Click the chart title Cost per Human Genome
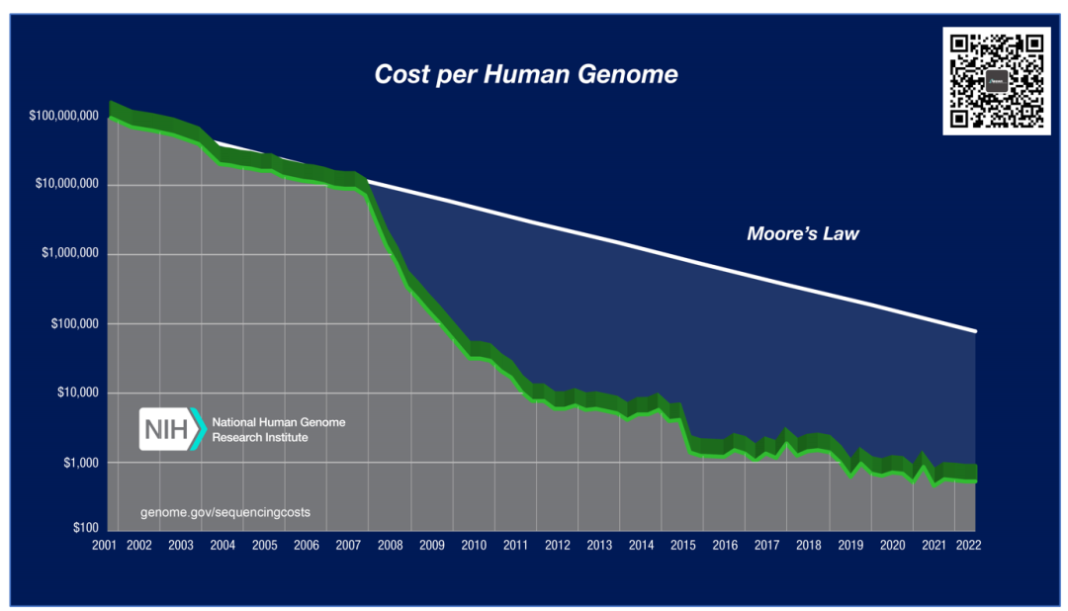(x=526, y=74)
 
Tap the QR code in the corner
(x=996, y=81)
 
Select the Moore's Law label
(x=802, y=234)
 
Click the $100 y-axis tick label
(x=83, y=528)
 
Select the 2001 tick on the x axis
(x=107, y=545)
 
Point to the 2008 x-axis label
(x=390, y=545)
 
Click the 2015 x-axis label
(x=682, y=545)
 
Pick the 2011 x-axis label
(x=515, y=545)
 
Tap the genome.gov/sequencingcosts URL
(x=232, y=513)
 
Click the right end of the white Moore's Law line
(x=975, y=330)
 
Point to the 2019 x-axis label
(x=849, y=545)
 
